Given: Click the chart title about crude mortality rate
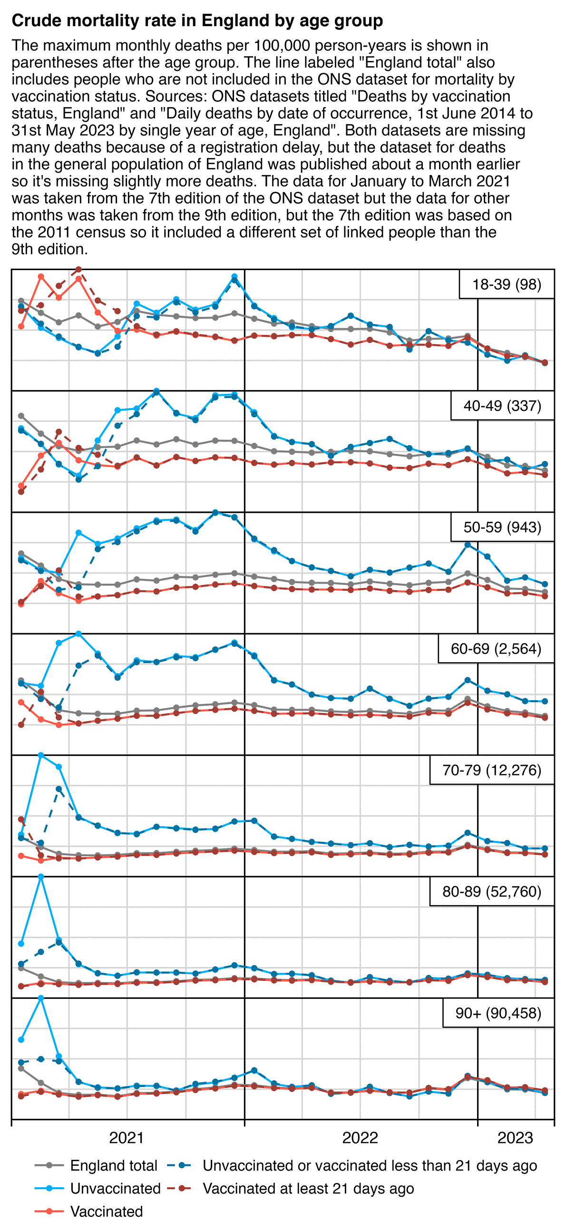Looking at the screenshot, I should [x=197, y=20].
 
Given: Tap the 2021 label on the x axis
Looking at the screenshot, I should [x=127, y=1137].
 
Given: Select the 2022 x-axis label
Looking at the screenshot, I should [x=360, y=1137].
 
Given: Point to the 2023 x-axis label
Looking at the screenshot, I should [x=515, y=1137].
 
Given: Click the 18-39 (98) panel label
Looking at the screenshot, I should [x=507, y=284].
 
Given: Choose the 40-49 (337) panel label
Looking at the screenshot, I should [x=502, y=406].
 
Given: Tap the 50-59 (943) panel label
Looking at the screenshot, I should [x=502, y=528].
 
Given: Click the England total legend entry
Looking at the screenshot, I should [x=113, y=1165].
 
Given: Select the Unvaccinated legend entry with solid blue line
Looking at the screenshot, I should [x=115, y=1189].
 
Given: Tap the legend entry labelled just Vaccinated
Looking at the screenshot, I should [x=106, y=1212].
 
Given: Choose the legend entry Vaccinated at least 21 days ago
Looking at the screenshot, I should [x=308, y=1189].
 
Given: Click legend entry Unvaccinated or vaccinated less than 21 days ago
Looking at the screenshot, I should [x=370, y=1165].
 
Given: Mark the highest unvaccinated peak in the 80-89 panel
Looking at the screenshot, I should [x=41, y=877].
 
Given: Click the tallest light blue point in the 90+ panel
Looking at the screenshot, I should [x=41, y=998].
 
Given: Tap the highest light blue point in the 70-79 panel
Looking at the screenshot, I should [x=41, y=755].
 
